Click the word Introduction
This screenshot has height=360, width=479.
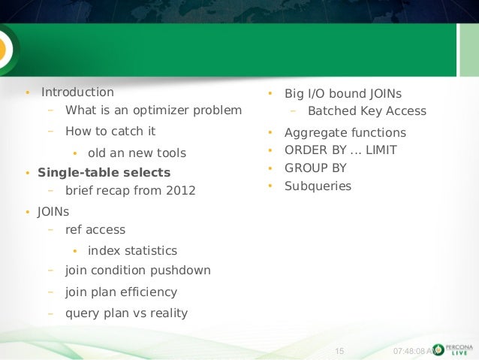tap(77, 92)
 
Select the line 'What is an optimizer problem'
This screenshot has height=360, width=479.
tap(153, 110)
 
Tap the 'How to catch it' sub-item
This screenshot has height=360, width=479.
tap(110, 131)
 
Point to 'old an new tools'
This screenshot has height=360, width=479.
tap(137, 153)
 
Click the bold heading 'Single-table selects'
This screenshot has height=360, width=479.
tap(104, 172)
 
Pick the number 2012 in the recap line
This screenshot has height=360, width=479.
tap(181, 190)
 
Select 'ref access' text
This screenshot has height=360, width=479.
tap(95, 230)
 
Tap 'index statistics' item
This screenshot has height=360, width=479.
tap(132, 250)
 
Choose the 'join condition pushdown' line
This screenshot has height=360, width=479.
tap(137, 270)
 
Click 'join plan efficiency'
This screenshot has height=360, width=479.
tap(121, 292)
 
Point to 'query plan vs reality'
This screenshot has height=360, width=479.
tap(126, 313)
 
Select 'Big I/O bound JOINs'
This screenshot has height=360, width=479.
tap(342, 94)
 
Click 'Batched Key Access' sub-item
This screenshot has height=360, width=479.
tap(366, 111)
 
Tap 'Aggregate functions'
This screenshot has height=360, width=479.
tap(345, 133)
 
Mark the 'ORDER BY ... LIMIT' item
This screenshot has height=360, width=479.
tap(340, 150)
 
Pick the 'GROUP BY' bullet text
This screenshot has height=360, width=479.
tap(315, 168)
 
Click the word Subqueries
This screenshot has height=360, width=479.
tap(318, 185)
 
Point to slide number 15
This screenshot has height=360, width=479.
tap(337, 350)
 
